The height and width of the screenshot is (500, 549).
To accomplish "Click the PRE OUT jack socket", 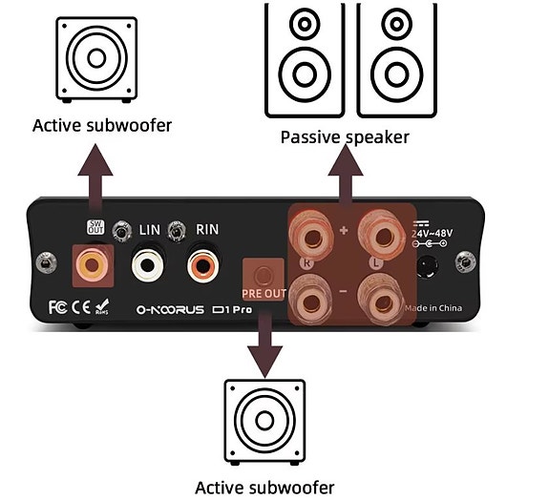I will pos(258,271).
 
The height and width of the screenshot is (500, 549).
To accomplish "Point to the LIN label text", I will pos(150,230).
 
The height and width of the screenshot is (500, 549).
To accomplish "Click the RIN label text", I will pos(207,230).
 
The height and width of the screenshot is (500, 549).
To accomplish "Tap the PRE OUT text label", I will pos(258,295).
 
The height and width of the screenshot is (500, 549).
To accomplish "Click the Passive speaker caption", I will pos(345,137).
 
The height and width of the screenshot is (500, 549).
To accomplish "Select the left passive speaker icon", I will pos(304,59).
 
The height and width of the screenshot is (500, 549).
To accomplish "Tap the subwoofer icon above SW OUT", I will pos(95,57).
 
